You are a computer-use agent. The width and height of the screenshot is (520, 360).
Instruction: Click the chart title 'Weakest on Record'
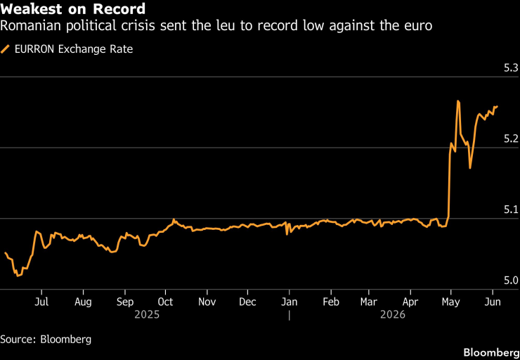pyautogui.click(x=72, y=9)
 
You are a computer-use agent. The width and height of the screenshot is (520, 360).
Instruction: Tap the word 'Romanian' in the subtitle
pyautogui.click(x=30, y=25)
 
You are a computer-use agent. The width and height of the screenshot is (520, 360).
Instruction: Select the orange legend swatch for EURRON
pyautogui.click(x=5, y=49)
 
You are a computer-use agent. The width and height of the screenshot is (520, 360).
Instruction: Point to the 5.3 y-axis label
pyautogui.click(x=511, y=69)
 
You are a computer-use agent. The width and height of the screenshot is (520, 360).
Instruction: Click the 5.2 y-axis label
pyautogui.click(x=511, y=139)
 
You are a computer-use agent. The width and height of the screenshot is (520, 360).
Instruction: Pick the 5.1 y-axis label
pyautogui.click(x=511, y=210)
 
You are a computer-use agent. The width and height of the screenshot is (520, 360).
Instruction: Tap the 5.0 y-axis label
pyautogui.click(x=511, y=281)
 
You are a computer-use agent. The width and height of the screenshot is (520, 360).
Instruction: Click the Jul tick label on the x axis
pyautogui.click(x=41, y=302)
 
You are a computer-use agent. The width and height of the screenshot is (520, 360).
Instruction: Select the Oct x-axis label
pyautogui.click(x=165, y=302)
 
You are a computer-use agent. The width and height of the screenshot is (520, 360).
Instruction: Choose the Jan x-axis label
pyautogui.click(x=290, y=302)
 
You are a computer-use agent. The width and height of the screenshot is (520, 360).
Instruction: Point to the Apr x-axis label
pyautogui.click(x=410, y=302)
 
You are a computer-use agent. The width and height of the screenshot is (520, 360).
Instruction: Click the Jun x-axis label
pyautogui.click(x=493, y=302)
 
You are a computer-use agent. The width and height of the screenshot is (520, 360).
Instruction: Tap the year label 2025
pyautogui.click(x=147, y=314)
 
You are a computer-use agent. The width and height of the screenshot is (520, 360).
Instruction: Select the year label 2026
pyautogui.click(x=393, y=314)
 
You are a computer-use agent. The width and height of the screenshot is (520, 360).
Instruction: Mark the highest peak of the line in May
pyautogui.click(x=458, y=101)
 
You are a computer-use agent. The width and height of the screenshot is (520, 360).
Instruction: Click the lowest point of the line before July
pyautogui.click(x=18, y=276)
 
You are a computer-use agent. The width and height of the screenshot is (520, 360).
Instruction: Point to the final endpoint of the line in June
pyautogui.click(x=498, y=106)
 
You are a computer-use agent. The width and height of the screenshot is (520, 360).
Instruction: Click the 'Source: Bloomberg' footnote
pyautogui.click(x=46, y=340)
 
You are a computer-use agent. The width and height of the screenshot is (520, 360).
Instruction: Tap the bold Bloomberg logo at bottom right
pyautogui.click(x=491, y=352)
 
